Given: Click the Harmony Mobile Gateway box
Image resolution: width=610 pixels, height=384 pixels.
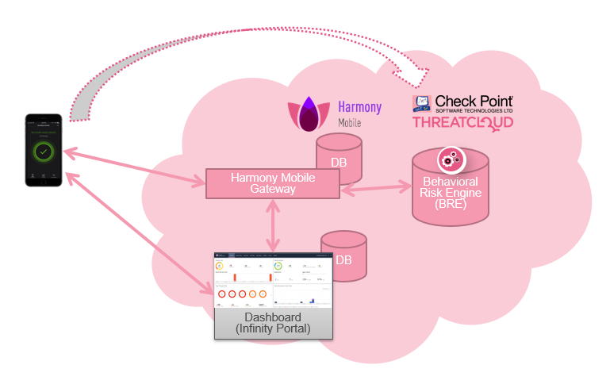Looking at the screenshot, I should [273, 183].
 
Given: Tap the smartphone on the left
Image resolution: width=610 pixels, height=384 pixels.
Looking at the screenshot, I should [44, 150].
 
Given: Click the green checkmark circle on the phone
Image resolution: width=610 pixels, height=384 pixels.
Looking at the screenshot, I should [44, 150].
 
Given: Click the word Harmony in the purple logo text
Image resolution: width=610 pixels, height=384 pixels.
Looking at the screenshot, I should [359, 107].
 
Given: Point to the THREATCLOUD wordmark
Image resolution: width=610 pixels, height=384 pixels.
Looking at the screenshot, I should [462, 123].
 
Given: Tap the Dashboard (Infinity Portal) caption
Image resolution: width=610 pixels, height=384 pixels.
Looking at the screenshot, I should [273, 323].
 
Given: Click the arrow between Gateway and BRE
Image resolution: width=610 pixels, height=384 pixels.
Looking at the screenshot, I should [376, 189].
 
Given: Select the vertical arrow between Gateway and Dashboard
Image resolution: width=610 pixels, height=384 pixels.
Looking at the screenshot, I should [274, 226].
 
